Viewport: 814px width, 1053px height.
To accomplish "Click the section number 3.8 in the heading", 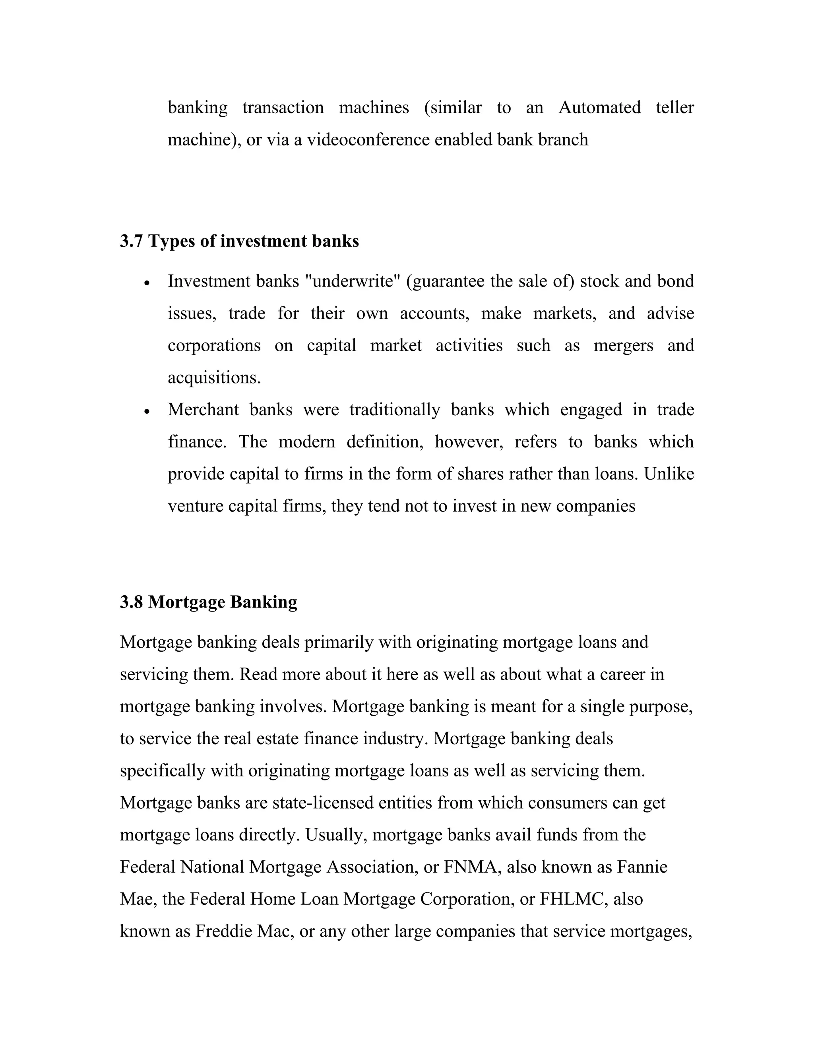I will (131, 602).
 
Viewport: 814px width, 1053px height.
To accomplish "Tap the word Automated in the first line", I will (599, 108).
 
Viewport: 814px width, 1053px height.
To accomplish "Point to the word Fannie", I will (642, 867).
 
